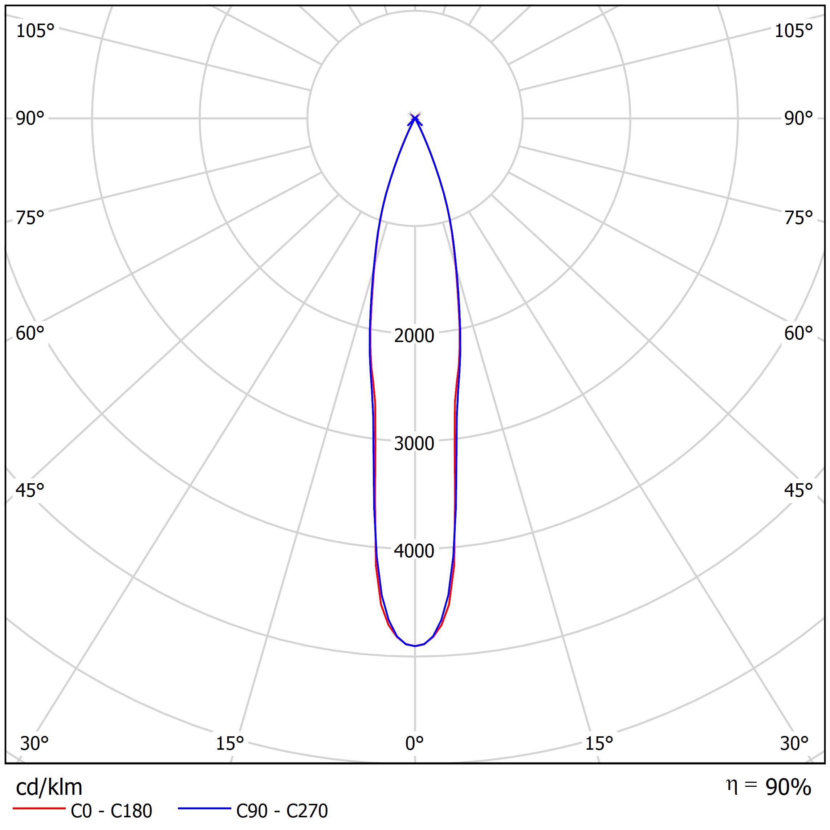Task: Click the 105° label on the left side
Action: tap(35, 31)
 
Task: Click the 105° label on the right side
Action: tap(793, 31)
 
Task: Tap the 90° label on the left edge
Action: tap(30, 119)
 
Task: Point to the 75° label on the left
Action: tap(30, 218)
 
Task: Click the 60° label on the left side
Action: tap(30, 333)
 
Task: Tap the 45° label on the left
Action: tap(30, 490)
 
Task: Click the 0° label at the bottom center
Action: tap(415, 743)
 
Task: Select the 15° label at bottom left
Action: tap(230, 743)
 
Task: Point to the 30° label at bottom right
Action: tap(794, 743)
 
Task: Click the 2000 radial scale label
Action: tap(414, 335)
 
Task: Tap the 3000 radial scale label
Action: tap(414, 443)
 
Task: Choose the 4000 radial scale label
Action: tap(414, 551)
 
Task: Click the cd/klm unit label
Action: tap(49, 788)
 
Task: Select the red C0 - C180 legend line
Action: tap(38, 809)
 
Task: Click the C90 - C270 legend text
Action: tap(282, 811)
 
